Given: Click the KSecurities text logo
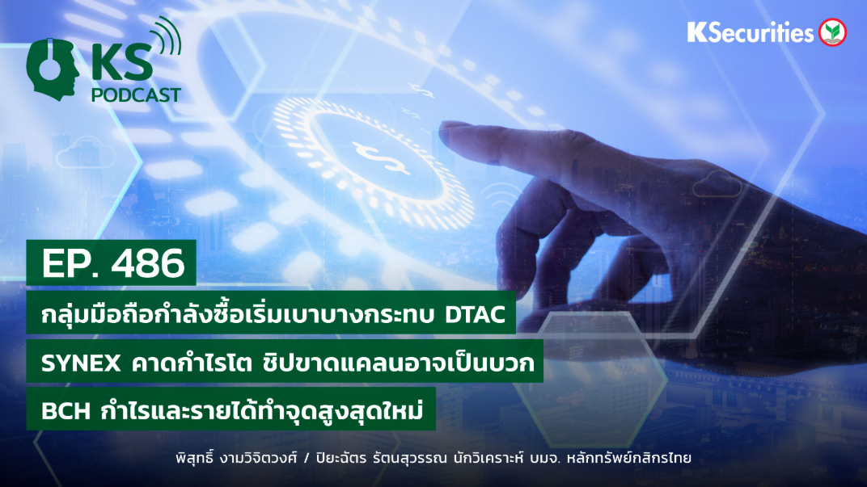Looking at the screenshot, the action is [x=751, y=32].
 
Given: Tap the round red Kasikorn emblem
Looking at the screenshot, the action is [x=833, y=32].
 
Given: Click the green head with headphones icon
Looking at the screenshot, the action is [x=52, y=69].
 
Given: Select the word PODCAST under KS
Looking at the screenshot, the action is [x=136, y=95].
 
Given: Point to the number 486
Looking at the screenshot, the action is [x=148, y=263].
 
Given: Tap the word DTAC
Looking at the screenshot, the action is [x=475, y=315].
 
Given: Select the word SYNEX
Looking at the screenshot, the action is [x=81, y=363].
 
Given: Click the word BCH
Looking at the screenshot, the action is [x=66, y=411].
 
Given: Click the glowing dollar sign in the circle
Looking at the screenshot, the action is [x=382, y=156].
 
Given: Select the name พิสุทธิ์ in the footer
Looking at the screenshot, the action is [x=194, y=458].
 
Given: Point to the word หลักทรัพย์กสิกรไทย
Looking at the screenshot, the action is [x=631, y=458].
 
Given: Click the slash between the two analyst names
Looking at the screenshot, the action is [x=307, y=458].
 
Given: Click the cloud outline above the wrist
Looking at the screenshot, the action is [x=717, y=184].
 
